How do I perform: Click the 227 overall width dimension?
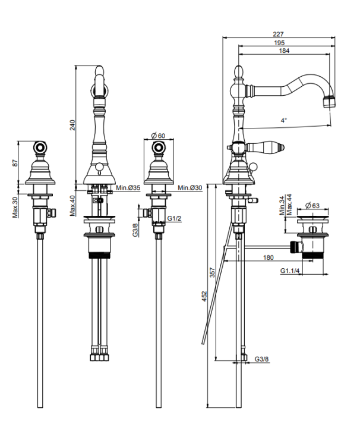click(278, 34)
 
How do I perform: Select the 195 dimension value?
click(279, 43)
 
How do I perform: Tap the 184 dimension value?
click(284, 51)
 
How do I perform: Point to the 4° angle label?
click(284, 120)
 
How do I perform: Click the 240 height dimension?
click(72, 125)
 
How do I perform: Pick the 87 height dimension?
click(15, 163)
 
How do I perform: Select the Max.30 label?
click(15, 208)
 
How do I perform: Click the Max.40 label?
click(72, 206)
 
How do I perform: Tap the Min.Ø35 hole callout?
click(128, 188)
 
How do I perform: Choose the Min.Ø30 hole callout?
click(190, 188)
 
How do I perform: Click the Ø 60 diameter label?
click(158, 136)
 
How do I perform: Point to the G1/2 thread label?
click(174, 218)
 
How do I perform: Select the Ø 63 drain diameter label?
click(312, 205)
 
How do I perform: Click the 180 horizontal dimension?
click(269, 257)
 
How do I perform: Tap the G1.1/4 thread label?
click(290, 271)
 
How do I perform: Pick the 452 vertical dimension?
click(204, 296)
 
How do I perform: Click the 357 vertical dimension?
click(212, 272)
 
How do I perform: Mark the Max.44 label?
click(289, 205)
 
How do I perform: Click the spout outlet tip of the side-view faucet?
click(330, 102)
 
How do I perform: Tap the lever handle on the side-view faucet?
click(265, 147)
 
